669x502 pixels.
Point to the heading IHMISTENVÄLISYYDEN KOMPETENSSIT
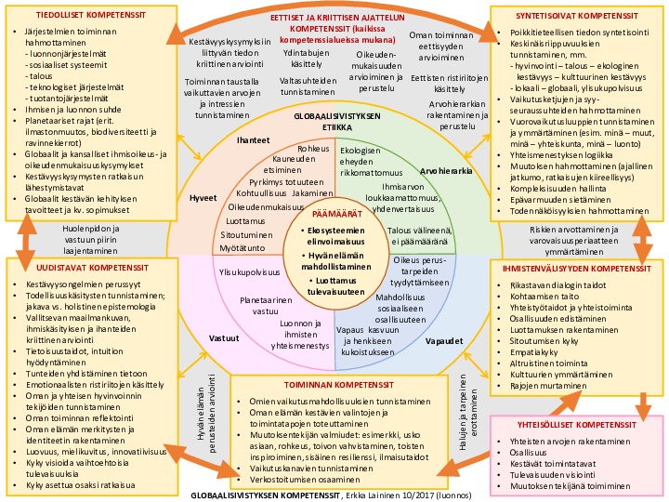579,270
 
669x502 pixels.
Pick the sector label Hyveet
203,198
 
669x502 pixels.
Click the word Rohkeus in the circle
313,148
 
